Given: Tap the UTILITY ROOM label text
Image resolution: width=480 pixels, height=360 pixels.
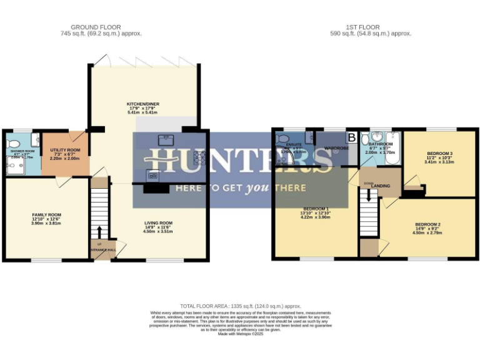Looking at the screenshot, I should tap(65, 150).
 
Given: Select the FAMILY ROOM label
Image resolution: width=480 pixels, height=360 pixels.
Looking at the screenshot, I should tap(47, 214).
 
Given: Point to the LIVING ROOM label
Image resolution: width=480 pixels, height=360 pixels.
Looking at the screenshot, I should tap(158, 222).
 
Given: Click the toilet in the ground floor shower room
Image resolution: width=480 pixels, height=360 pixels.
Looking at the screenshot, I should tap(35, 139).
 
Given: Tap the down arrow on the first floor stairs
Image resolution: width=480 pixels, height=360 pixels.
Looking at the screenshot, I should tap(369, 195).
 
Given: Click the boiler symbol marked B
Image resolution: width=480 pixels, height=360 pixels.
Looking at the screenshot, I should tap(351, 136).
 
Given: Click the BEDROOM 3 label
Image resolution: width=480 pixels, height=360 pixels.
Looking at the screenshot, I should tap(440, 153).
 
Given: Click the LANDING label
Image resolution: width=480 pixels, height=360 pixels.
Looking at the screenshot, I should tap(381, 186).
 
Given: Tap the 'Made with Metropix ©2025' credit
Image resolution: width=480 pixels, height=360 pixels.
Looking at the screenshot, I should tap(240, 334).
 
